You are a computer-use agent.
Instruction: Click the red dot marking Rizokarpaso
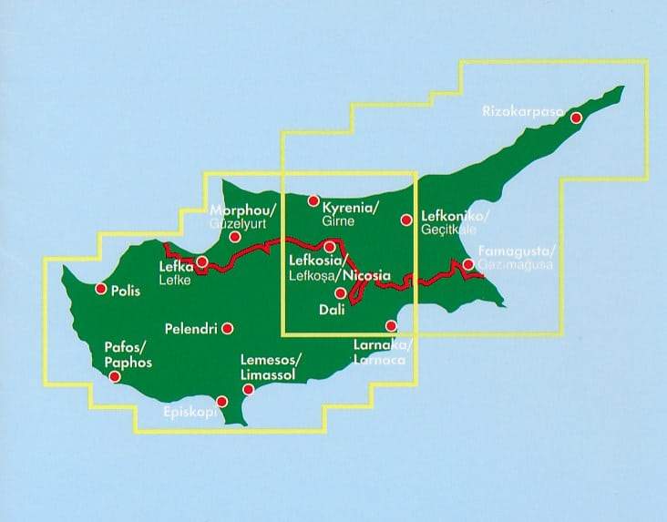tap(576, 118)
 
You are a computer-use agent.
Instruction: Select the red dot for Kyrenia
tap(313, 201)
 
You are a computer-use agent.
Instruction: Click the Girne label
tap(337, 221)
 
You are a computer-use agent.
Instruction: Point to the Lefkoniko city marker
tap(406, 219)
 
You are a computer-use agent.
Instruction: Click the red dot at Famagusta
tap(467, 265)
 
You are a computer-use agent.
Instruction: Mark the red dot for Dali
tap(340, 293)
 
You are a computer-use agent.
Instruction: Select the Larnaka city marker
tap(392, 326)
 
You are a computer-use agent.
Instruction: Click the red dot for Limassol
tap(248, 390)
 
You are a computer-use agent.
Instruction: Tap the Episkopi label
tap(190, 413)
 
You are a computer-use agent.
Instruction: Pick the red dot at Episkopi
tap(222, 401)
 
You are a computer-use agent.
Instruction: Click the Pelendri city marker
tap(228, 328)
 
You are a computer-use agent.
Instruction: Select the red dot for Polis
tap(100, 290)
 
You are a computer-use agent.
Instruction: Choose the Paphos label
tap(127, 363)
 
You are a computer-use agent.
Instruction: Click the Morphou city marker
tap(234, 237)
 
